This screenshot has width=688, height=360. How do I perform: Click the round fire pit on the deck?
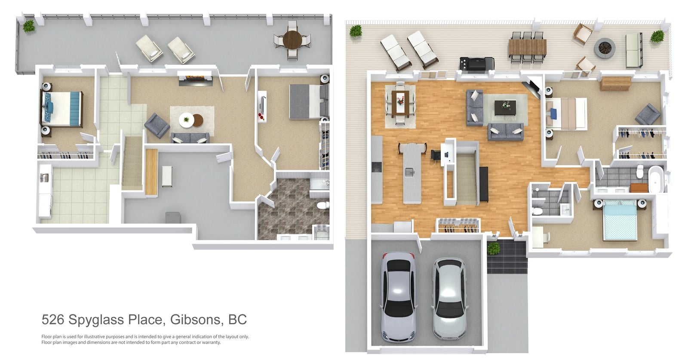coord(605,48)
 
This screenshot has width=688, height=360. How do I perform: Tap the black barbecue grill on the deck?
coord(477,63)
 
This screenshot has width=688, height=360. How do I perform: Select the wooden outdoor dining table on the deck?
coord(527,47)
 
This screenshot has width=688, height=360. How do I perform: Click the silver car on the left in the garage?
coord(398,297)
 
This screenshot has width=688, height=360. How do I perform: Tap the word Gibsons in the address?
coord(196,320)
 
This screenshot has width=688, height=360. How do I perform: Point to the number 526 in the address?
coord(53,320)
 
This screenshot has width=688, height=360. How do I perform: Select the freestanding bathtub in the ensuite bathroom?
coord(656,179)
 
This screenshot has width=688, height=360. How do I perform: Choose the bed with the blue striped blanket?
coord(62,109)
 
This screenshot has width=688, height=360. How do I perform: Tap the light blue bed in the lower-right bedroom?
coord(620,220)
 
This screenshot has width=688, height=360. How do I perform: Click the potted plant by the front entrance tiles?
coord(493,248)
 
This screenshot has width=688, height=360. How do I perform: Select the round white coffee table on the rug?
coord(187,120)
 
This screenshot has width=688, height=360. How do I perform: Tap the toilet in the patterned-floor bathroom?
coord(323,205)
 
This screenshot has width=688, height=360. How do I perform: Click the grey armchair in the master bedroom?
coord(647,114)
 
